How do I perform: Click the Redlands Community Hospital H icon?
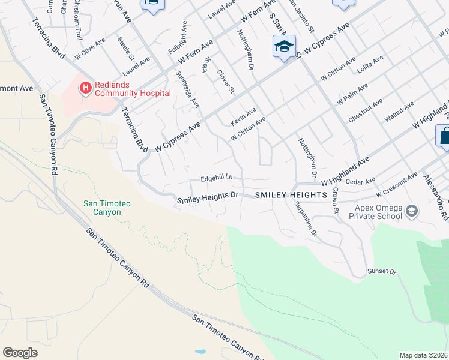pyautogui.click(x=85, y=88)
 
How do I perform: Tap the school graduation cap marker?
pyautogui.click(x=284, y=46)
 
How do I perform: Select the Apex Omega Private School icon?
pyautogui.click(x=412, y=211)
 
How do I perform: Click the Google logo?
pyautogui.click(x=20, y=353)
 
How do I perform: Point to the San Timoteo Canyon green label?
pyautogui.click(x=107, y=208)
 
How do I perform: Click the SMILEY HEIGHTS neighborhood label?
pyautogui.click(x=291, y=196)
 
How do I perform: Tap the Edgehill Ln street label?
pyautogui.click(x=217, y=179)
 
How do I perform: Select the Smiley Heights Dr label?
pyautogui.click(x=208, y=196)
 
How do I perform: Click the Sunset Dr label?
pyautogui.click(x=382, y=272)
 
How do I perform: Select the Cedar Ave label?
pyautogui.click(x=361, y=180)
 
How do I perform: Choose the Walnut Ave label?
pyautogui.click(x=399, y=112)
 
